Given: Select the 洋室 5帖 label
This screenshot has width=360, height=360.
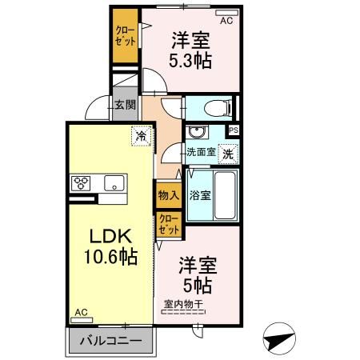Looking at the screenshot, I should pos(194,273).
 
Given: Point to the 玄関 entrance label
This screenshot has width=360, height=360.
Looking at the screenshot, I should pos(124,104).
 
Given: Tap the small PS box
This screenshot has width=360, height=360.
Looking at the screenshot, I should pos(234,130).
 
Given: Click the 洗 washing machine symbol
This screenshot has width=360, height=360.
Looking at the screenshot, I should pos(229,151).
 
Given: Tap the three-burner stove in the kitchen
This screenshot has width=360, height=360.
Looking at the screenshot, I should pos(82,182).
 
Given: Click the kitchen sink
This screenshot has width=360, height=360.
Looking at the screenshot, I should pos(114,182).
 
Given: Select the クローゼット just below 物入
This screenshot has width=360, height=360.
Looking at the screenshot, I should pos(169,223).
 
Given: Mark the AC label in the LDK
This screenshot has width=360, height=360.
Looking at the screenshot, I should pos(80,312).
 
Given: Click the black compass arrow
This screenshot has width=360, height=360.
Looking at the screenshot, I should pos(282,339).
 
